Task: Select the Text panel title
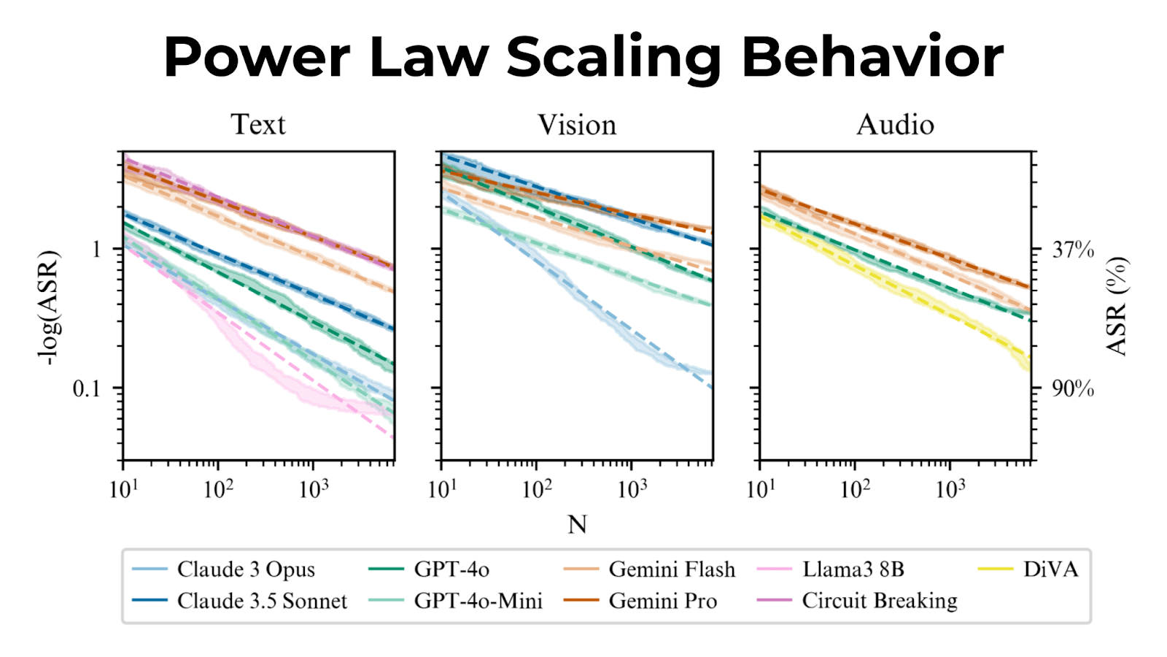[258, 125]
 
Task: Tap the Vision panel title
[577, 125]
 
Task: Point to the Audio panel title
[895, 125]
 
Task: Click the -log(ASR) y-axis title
[48, 307]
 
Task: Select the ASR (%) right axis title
[1116, 307]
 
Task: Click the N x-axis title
[577, 524]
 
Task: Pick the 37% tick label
[1072, 250]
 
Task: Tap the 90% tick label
[1072, 388]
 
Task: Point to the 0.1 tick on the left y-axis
[86, 388]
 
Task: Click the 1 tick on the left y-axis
[96, 250]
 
